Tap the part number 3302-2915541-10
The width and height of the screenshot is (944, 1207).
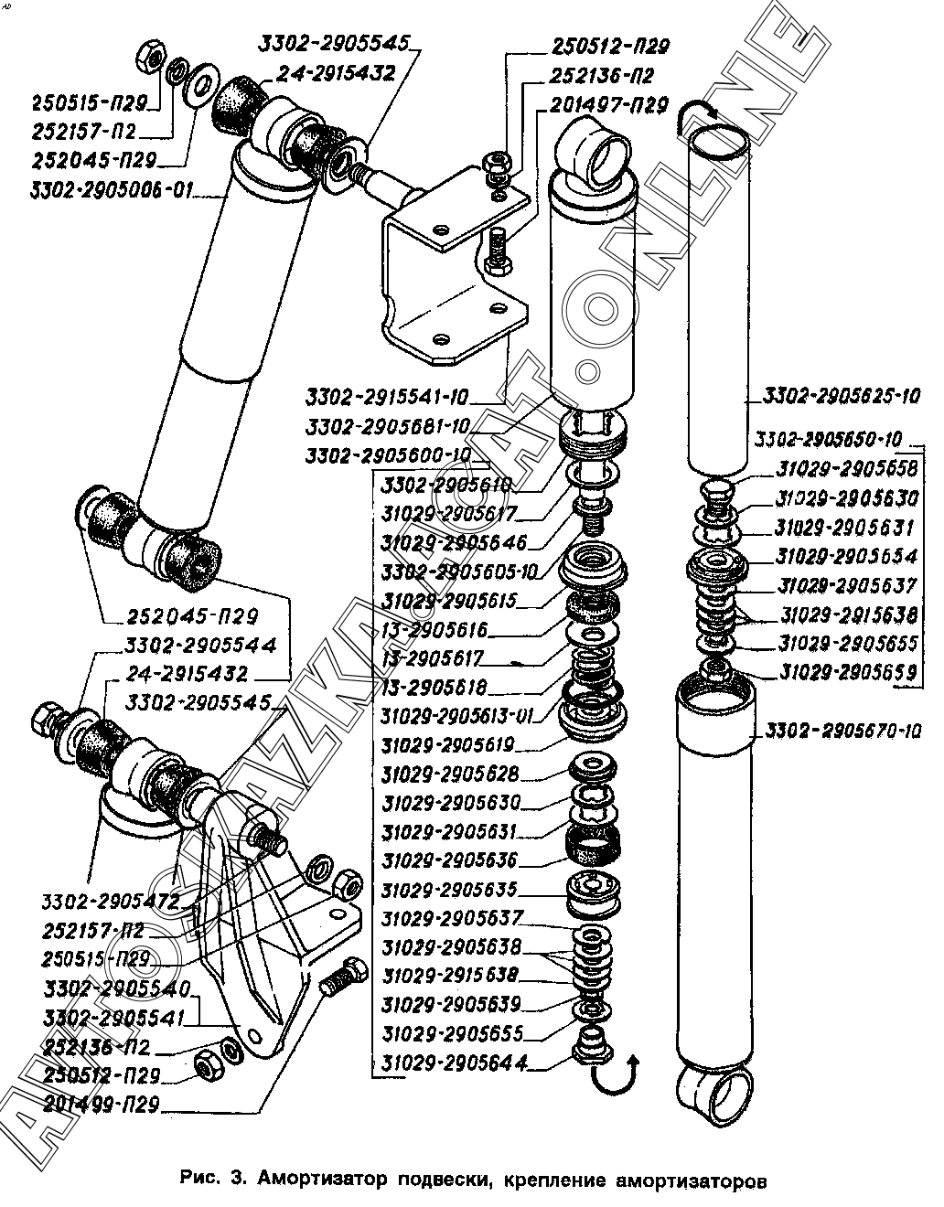388,397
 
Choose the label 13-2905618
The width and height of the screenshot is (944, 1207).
435,687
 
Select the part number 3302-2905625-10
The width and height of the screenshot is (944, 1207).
841,397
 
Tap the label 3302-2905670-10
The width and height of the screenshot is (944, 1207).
842,731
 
